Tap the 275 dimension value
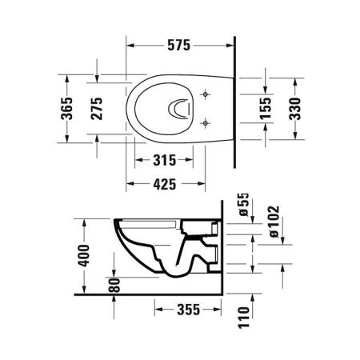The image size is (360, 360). [x=97, y=106]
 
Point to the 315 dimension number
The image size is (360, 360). [x=166, y=160]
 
